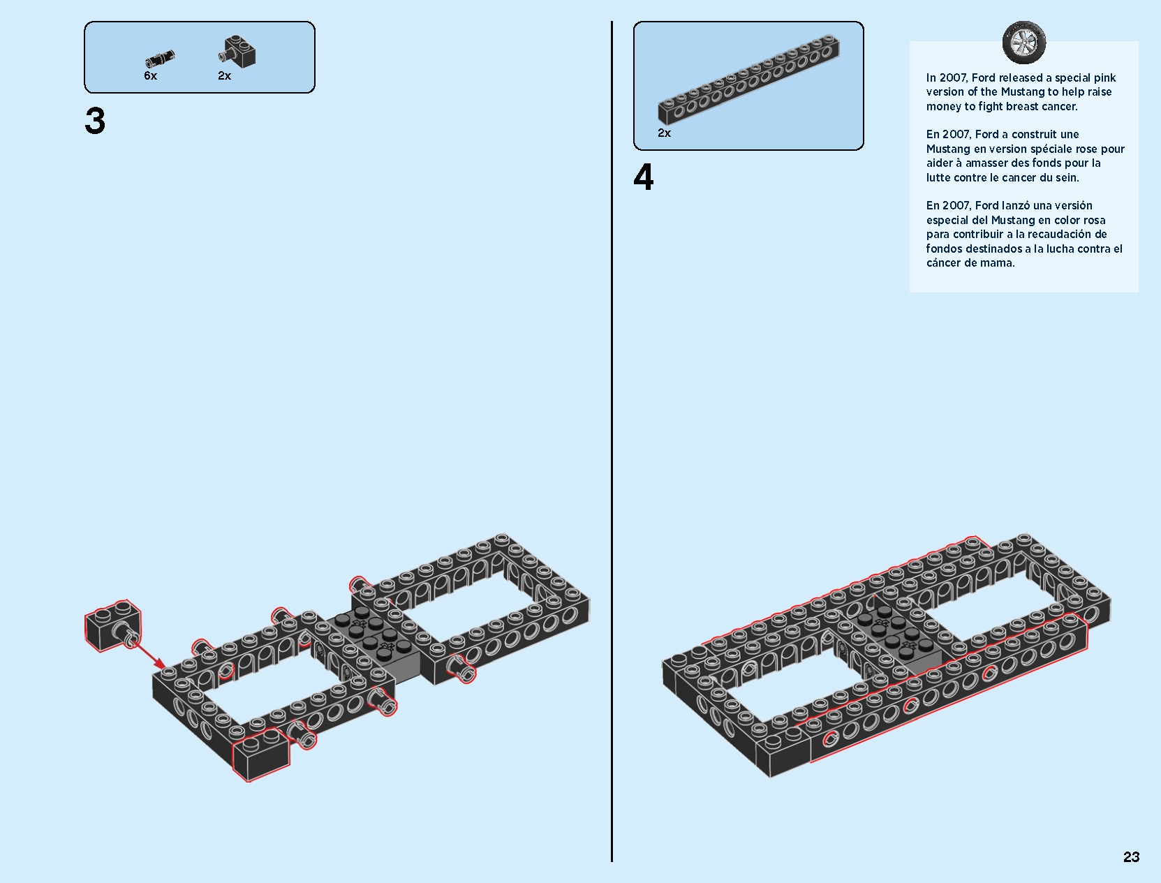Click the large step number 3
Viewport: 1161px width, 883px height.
click(95, 121)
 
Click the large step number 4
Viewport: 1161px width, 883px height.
click(644, 177)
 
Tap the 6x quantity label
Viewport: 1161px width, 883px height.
click(150, 76)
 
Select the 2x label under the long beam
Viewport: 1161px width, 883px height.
click(664, 133)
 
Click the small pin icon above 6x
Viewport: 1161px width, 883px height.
click(160, 59)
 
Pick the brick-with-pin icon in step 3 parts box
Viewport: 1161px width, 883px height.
click(238, 52)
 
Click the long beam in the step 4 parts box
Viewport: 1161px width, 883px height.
click(748, 79)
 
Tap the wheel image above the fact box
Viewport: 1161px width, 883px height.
click(1024, 43)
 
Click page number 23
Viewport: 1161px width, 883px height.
click(1131, 857)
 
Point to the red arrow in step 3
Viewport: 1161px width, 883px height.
click(149, 654)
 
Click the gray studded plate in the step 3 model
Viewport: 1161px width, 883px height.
click(374, 639)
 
